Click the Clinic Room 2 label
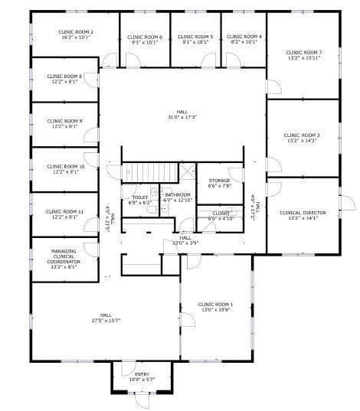(76, 31)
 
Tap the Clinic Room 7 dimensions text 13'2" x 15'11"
(304, 57)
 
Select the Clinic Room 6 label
(144, 37)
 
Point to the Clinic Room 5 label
(195, 37)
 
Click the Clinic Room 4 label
(246, 37)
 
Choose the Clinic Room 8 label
(64, 76)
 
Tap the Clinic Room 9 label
(64, 121)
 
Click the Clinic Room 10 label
(64, 166)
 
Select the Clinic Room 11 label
(64, 211)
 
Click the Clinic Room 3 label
(304, 135)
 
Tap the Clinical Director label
(304, 213)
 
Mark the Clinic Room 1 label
(215, 304)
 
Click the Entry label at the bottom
(142, 373)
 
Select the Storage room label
(220, 181)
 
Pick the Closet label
(219, 213)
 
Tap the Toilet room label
(139, 197)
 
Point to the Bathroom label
(178, 194)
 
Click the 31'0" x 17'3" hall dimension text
(182, 117)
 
